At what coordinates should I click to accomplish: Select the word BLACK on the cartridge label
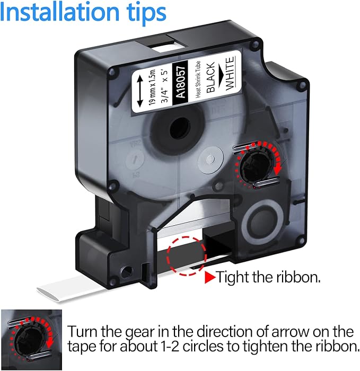click(x=210, y=77)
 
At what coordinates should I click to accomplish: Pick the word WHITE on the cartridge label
click(x=230, y=73)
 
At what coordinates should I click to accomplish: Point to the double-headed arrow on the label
click(x=139, y=91)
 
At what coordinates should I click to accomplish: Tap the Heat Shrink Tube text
click(x=197, y=79)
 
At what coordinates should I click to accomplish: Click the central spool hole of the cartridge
click(x=180, y=128)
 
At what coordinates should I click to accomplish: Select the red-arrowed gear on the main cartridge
click(x=258, y=165)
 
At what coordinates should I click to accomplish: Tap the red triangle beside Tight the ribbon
click(x=210, y=277)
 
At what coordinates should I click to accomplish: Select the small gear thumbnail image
click(x=31, y=340)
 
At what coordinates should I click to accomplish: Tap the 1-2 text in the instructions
click(x=170, y=347)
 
